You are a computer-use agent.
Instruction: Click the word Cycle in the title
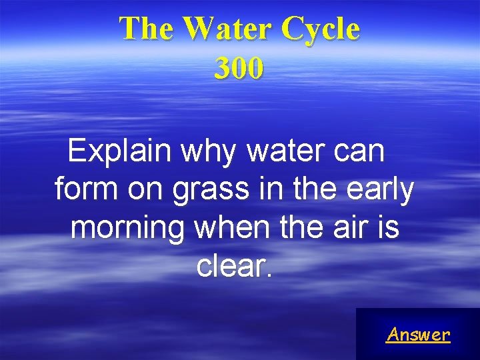point(321,29)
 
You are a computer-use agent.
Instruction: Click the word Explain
point(123,153)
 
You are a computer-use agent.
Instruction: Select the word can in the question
point(359,153)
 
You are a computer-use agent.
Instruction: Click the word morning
point(128,229)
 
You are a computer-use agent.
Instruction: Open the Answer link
point(418,334)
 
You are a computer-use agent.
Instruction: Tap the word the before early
point(310,190)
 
